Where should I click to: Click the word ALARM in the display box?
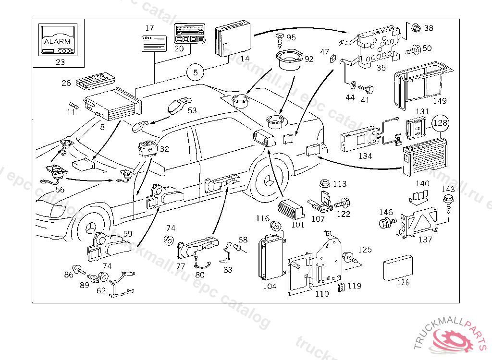point(57,41)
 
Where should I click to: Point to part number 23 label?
point(60,61)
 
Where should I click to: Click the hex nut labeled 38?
point(416,28)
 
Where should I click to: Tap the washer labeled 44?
point(352,86)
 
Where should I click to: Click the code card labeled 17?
point(154,43)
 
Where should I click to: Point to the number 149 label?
point(439,101)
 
